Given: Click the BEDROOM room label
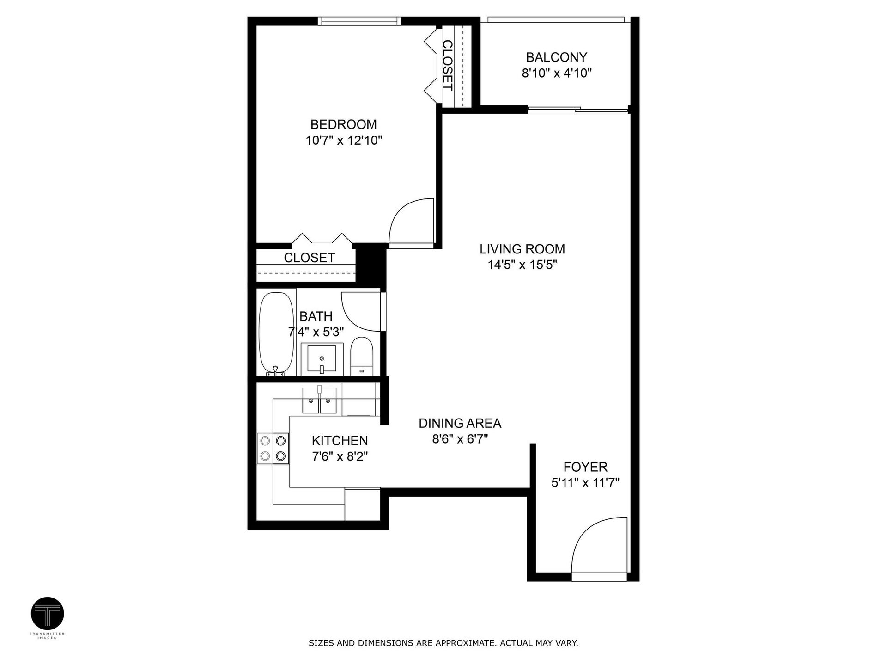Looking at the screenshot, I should [x=343, y=124].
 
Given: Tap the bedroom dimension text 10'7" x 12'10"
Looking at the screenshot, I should [x=344, y=141].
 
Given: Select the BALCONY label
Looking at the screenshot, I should [x=556, y=57].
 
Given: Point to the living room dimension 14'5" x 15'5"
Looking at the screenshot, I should [x=522, y=265].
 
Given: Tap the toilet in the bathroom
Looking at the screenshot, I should [x=361, y=357].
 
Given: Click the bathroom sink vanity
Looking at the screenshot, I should [x=322, y=359].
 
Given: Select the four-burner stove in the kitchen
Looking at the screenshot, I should [x=273, y=448].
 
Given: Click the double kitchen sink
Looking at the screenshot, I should [x=319, y=401].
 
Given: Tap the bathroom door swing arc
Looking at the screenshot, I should [x=361, y=311].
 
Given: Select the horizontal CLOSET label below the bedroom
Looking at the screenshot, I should [x=309, y=258].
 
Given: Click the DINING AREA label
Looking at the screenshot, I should [x=460, y=423].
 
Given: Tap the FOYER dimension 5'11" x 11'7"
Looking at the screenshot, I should [x=585, y=483].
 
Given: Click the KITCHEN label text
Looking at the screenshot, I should [x=340, y=441].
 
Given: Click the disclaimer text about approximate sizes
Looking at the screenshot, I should [x=443, y=643].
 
